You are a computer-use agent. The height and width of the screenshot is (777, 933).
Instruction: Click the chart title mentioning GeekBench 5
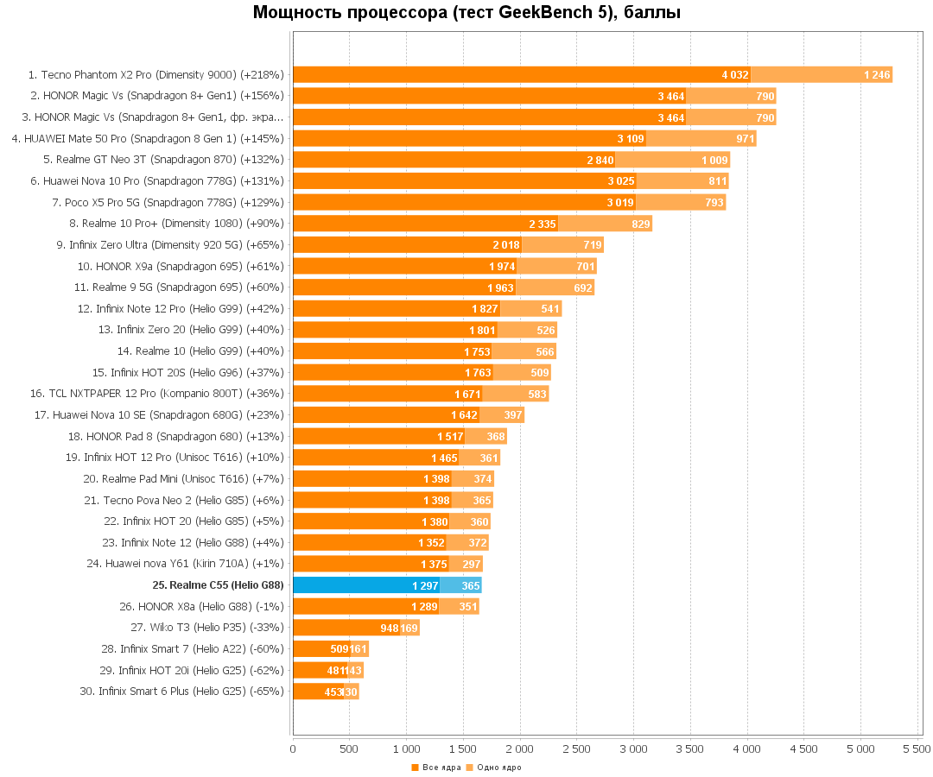(466, 13)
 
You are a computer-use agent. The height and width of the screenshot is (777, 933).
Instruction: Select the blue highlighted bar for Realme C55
(366, 585)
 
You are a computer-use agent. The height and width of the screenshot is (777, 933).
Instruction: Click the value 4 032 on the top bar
(735, 75)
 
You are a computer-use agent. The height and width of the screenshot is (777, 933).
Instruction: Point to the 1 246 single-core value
(877, 75)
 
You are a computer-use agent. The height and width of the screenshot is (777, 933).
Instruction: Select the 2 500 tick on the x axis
(519, 749)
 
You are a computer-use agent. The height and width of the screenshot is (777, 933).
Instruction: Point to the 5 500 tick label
(917, 749)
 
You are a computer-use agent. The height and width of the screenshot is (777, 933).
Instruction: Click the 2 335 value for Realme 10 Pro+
(543, 224)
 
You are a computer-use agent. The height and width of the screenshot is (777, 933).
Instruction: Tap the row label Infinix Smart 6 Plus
(191, 691)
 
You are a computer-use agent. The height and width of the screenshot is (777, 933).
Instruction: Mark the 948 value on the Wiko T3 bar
(389, 628)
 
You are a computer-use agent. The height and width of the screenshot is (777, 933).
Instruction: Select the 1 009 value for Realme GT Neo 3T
(714, 160)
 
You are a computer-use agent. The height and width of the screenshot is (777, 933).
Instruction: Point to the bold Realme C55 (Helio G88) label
(218, 585)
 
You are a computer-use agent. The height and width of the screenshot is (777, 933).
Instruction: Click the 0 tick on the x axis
(294, 749)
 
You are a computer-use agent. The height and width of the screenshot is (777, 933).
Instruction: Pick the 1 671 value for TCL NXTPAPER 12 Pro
(467, 394)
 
